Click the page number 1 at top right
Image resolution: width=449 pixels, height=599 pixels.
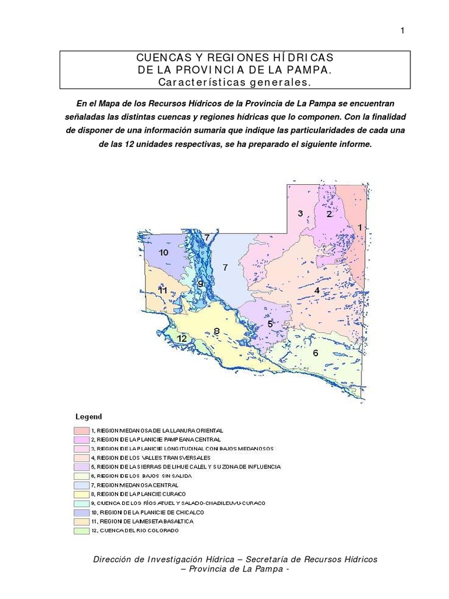[x=402, y=31]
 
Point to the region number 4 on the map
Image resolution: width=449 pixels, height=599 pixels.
[x=317, y=290]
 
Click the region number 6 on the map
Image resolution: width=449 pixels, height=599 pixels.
[x=315, y=353]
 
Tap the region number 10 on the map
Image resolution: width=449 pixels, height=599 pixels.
[x=163, y=252]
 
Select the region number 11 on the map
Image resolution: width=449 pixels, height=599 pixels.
[x=163, y=290]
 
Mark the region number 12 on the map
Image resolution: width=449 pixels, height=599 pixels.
[x=182, y=339]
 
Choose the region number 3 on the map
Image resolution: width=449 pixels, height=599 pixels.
[x=300, y=214]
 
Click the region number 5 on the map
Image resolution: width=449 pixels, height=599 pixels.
[x=270, y=323]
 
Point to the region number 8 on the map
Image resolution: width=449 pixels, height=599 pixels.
[x=216, y=331]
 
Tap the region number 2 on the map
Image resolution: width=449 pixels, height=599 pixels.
[x=329, y=214]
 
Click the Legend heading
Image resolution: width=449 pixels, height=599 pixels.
[x=88, y=417]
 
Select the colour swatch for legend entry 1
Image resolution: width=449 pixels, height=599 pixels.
[x=81, y=431]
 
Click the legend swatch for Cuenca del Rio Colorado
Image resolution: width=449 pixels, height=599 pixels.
[x=81, y=531]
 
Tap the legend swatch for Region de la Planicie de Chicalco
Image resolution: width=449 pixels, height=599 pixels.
[x=81, y=512]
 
